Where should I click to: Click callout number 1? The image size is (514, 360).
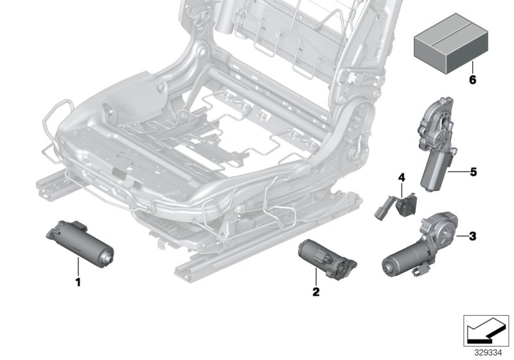point(78,282)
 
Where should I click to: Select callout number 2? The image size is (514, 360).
point(315,291)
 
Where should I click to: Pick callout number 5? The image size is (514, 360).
point(473,172)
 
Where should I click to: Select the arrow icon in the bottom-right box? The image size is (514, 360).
point(485,330)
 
